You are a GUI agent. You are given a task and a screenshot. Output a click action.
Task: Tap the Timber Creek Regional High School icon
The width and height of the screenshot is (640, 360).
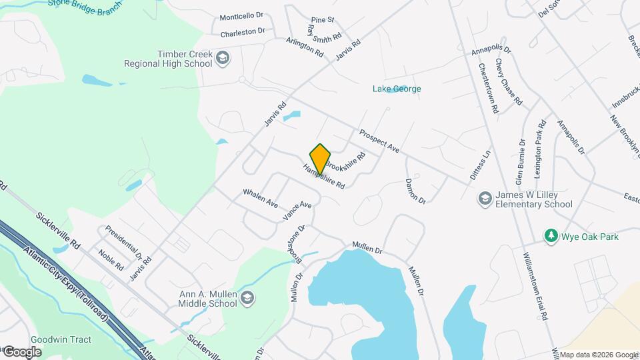click(223, 59)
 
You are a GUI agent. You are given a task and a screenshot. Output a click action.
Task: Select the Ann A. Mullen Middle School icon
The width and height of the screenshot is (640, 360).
click(247, 297)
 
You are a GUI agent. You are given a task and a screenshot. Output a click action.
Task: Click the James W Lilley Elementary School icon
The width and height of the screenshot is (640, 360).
click(485, 199)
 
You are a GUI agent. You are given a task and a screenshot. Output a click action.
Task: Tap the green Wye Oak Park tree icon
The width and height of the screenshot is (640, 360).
click(551, 236)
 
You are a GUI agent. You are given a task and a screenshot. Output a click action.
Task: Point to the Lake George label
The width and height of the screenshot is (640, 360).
click(397, 89)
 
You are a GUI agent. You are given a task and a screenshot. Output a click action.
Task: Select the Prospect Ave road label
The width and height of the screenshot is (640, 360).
click(379, 141)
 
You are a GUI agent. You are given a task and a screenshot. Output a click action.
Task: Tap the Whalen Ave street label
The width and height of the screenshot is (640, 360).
click(260, 198)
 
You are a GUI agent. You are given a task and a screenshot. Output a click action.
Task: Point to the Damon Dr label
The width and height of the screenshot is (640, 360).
click(415, 191)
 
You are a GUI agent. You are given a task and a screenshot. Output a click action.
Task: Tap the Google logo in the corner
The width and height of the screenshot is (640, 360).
click(22, 351)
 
